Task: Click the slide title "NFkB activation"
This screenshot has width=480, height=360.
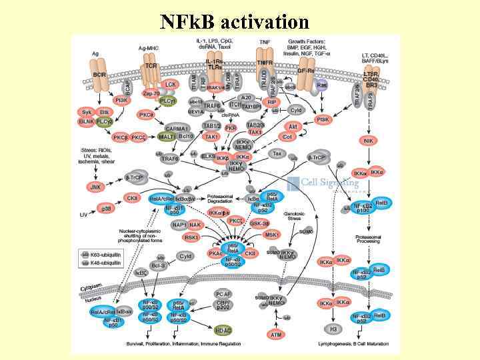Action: [235, 21]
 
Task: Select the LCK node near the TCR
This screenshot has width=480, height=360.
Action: [171, 85]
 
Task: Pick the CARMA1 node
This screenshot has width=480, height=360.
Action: [178, 127]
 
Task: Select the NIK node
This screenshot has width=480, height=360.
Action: [368, 140]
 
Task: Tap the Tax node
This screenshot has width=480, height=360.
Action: [277, 153]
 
